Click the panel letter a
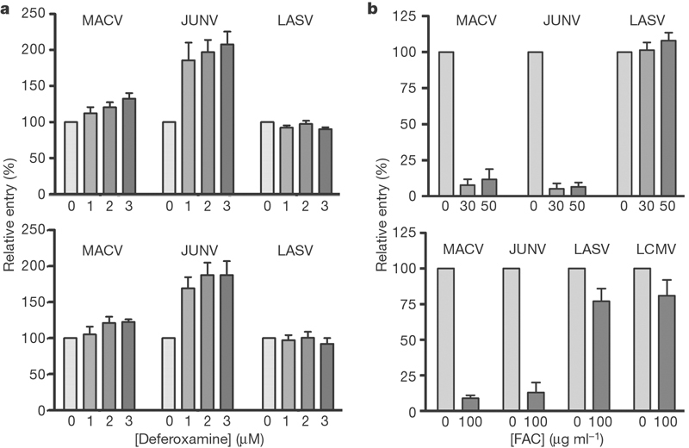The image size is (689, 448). pyautogui.click(x=7, y=9)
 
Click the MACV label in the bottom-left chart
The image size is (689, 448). pyautogui.click(x=84, y=252)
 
